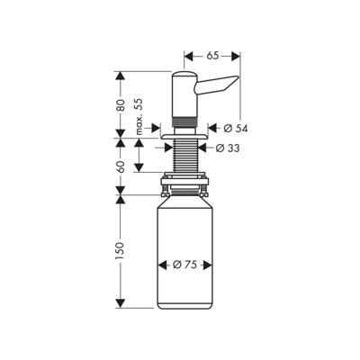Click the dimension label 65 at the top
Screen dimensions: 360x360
(x=211, y=56)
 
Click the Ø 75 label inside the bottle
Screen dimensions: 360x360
(x=185, y=265)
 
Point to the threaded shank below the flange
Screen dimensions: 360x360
(x=184, y=157)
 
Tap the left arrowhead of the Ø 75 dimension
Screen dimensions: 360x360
(x=162, y=265)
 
